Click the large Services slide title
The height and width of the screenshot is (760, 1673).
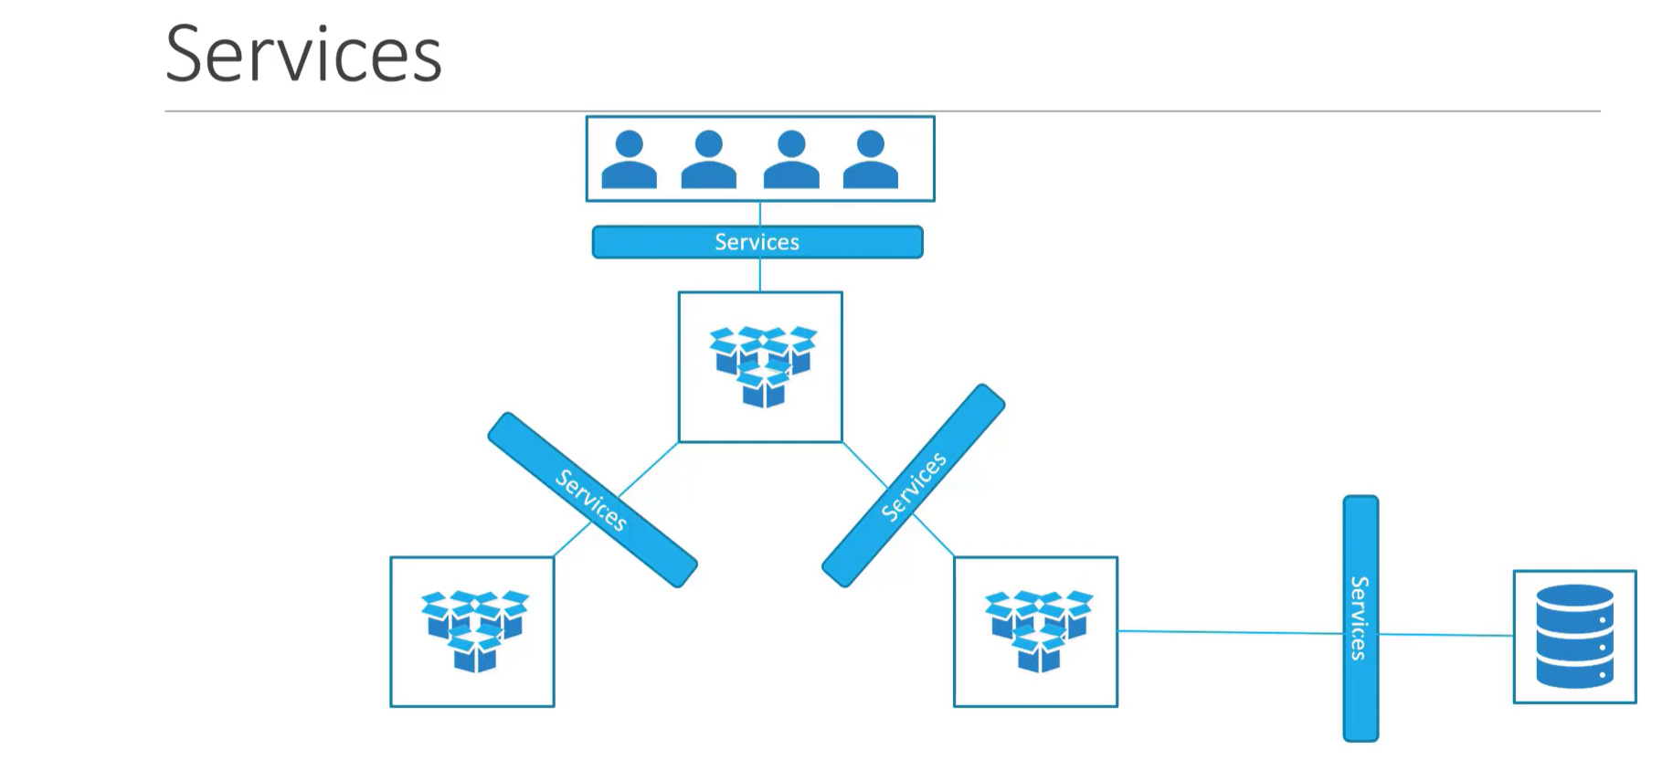pos(303,55)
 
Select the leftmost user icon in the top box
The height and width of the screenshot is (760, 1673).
pos(629,160)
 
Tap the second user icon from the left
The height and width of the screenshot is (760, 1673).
pos(708,160)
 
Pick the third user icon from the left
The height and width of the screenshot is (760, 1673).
pos(790,160)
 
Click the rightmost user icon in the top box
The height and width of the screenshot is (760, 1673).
pos(870,160)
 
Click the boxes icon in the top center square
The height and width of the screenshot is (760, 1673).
pos(763,365)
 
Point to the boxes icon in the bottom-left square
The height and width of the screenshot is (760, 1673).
pos(474,629)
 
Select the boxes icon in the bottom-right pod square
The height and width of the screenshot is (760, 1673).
pos(1038,629)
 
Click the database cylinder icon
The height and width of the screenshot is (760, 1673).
pos(1574,637)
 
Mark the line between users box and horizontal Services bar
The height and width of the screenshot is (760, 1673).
pos(760,214)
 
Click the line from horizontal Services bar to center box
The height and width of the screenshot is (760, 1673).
pos(760,275)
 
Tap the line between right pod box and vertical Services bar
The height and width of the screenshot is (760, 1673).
pos(1229,632)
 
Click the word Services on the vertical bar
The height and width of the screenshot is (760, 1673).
pos(1360,617)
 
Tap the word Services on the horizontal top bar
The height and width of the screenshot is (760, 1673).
pos(757,242)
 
